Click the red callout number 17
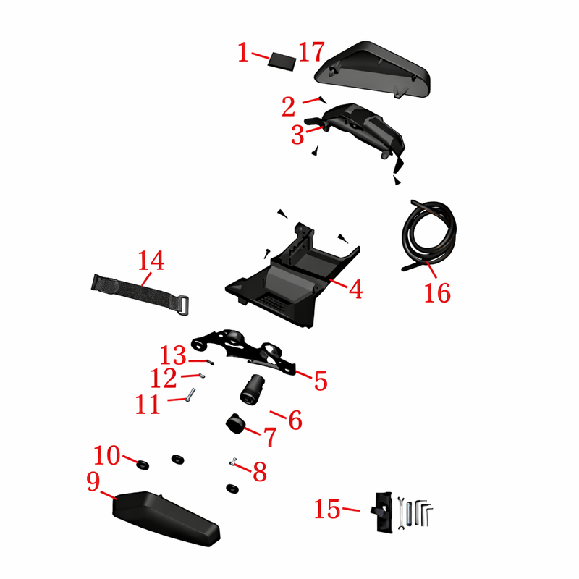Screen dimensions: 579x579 pos(312,51)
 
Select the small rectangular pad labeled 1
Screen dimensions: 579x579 pos(282,62)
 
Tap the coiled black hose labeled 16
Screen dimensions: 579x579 pos(429,234)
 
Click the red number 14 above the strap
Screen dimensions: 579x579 pos(151,261)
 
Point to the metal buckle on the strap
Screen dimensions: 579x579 pos(183,305)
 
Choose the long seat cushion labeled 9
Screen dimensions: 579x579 pos(166,518)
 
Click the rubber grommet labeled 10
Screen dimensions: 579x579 pos(143,465)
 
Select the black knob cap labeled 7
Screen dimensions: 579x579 pos(235,424)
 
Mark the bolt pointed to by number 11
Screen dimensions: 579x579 pos(190,394)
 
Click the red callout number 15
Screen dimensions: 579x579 pos(327,510)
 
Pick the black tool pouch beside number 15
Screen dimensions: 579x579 pos(382,512)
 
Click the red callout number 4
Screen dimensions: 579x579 pos(355,289)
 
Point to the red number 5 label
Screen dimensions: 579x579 pos(321,381)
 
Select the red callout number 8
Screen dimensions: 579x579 pos(260,472)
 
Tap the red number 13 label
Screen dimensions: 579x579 pos(173,355)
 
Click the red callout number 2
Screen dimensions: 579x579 pos(288,106)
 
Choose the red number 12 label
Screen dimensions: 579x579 pos(164,378)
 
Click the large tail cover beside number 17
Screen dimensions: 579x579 pos(372,69)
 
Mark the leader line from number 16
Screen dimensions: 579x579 pos(431,269)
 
